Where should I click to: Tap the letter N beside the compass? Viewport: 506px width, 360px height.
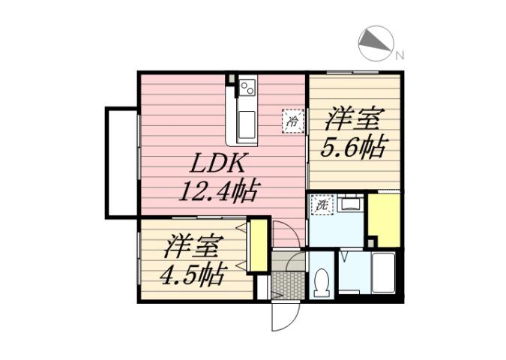[x=400, y=55]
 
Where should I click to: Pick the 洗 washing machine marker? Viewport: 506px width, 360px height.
[x=322, y=204]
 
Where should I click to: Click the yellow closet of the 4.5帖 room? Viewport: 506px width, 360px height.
[x=257, y=246]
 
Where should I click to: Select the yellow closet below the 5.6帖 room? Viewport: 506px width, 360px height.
[x=384, y=219]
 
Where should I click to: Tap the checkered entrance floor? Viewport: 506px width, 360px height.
[x=287, y=285]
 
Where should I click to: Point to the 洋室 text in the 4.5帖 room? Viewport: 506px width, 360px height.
[x=193, y=246]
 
